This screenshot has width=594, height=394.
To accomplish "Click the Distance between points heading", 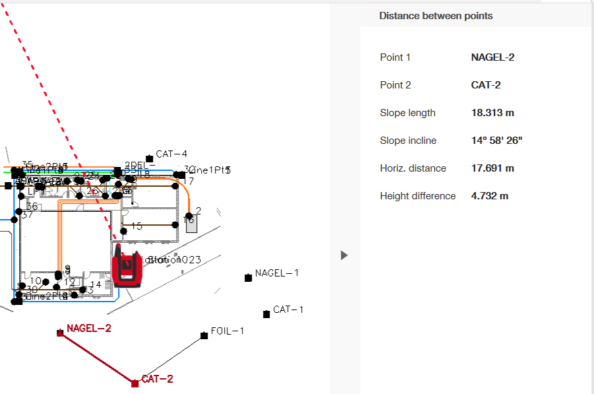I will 436,16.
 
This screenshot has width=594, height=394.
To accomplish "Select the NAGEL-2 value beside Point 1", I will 492,57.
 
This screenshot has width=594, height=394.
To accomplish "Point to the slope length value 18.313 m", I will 492,113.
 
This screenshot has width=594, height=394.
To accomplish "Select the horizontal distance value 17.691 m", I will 492,168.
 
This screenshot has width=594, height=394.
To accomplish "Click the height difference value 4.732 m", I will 490,196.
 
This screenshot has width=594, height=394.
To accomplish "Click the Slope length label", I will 407,113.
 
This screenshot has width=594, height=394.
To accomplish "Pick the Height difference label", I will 417,196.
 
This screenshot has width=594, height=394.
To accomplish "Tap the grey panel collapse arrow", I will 344,255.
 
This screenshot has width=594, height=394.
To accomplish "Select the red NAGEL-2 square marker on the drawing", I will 60,333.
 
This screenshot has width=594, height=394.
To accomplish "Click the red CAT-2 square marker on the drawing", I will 134,383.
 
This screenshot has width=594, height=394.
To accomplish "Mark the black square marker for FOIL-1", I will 204,336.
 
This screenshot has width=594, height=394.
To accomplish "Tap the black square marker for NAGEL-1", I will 249,278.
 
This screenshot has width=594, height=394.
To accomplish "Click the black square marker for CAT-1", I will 266,314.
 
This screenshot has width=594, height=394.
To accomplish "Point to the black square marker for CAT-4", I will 150,158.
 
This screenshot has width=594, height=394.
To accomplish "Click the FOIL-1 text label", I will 227,331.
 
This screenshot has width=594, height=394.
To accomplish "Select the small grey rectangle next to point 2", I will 191,222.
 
